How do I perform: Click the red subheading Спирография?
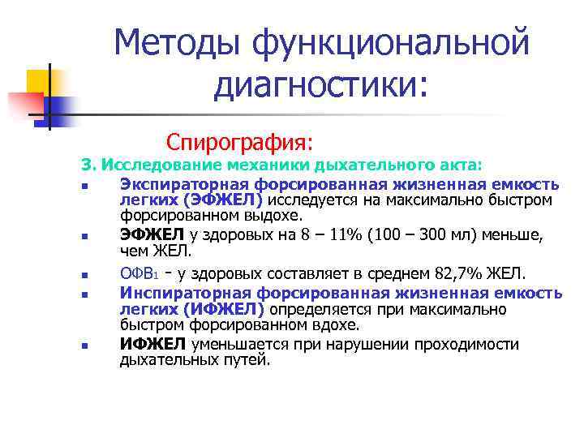point(239,142)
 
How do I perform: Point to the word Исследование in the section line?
point(155,165)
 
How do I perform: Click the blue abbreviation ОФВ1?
point(134,272)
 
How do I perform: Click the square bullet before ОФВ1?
point(84,273)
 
